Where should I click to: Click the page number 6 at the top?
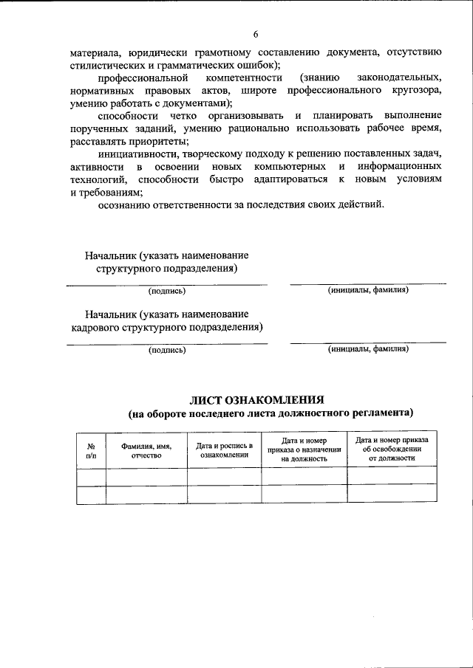pyautogui.click(x=255, y=34)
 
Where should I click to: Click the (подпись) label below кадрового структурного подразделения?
pyautogui.click(x=166, y=350)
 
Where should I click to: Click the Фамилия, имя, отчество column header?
pyautogui.click(x=146, y=451)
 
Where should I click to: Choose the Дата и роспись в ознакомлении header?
pyautogui.click(x=224, y=451)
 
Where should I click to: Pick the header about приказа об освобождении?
pyautogui.click(x=392, y=449)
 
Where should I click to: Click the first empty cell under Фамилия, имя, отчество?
pyautogui.click(x=146, y=477)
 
